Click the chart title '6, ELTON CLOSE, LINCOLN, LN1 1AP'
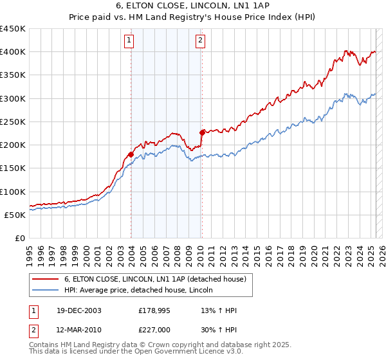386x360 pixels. click(193, 6)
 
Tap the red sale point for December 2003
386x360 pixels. click(131, 154)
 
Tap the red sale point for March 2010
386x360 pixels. click(201, 132)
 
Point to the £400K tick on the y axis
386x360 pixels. click(13, 52)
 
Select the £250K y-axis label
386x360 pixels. click(13, 122)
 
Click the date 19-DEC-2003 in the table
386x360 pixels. click(78, 310)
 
